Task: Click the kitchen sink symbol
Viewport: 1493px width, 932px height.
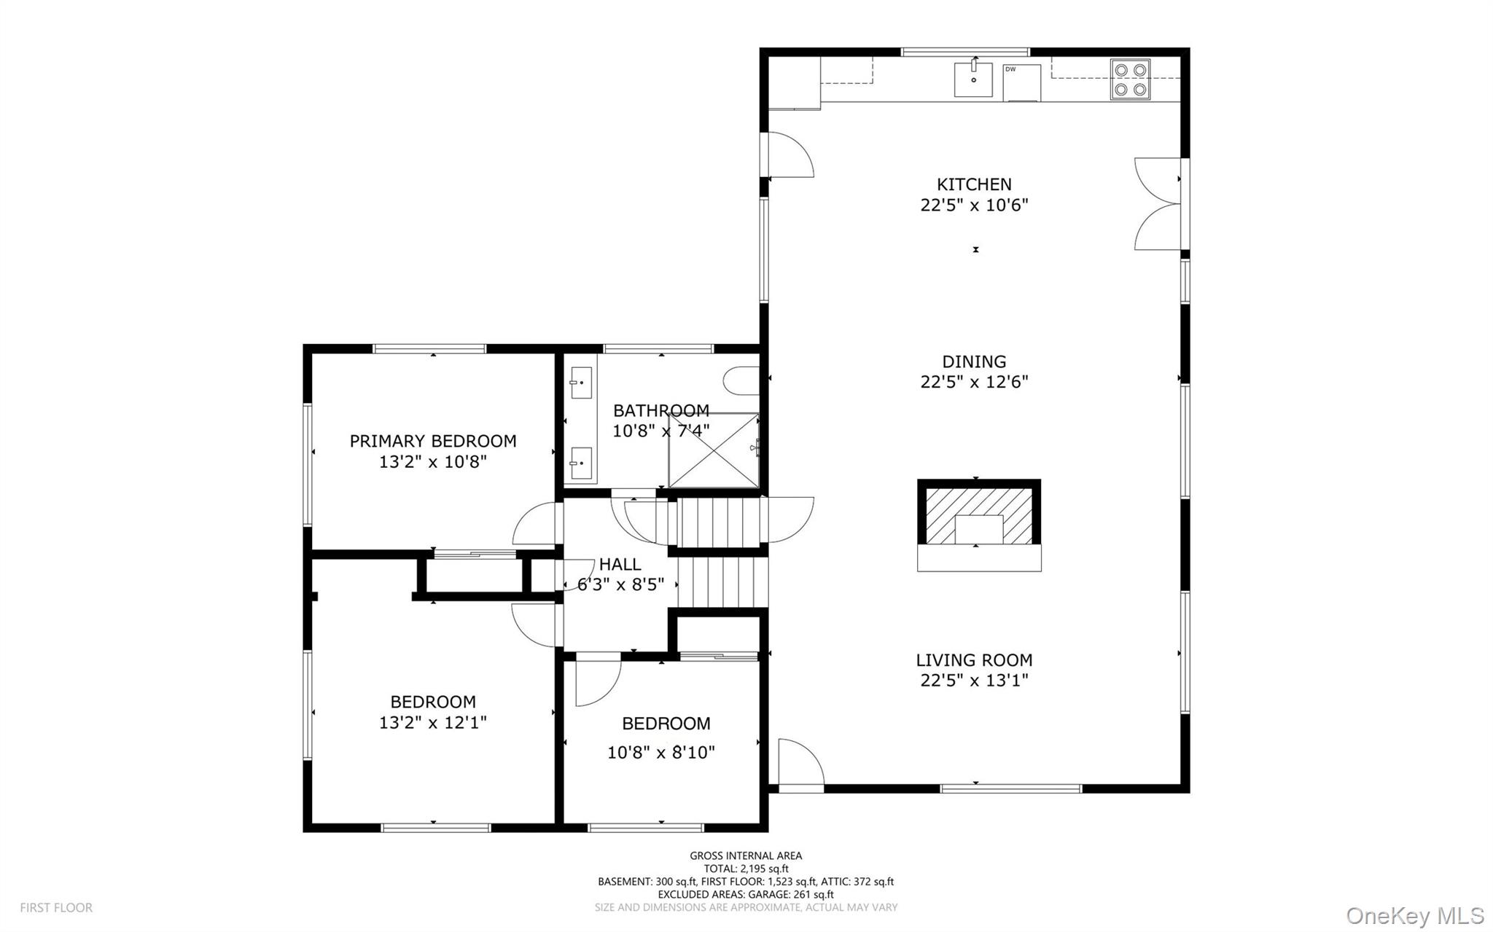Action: tap(973, 79)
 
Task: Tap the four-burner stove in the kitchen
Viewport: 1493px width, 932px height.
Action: tap(1130, 79)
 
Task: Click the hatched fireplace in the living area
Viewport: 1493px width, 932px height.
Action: tap(978, 516)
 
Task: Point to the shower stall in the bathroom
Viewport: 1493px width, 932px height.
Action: tap(714, 450)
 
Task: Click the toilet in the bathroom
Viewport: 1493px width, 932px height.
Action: tap(740, 380)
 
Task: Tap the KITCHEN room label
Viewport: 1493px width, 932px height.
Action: tap(974, 184)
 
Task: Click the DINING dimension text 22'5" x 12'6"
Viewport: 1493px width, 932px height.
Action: tap(974, 382)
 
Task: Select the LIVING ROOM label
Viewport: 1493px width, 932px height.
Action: tap(974, 660)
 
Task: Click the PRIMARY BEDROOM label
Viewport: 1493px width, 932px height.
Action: tap(433, 441)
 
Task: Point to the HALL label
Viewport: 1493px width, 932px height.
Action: tap(620, 564)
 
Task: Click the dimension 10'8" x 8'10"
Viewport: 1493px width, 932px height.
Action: tap(661, 753)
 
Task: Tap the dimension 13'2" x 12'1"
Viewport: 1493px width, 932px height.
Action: tap(433, 723)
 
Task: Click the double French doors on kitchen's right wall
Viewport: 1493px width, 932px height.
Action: tap(1158, 204)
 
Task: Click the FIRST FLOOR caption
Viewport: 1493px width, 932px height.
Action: tap(56, 908)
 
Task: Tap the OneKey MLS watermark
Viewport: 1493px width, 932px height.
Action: tap(1414, 915)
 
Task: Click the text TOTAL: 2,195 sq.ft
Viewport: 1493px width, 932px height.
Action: tap(746, 869)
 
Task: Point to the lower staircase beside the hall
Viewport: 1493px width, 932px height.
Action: tap(722, 581)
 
